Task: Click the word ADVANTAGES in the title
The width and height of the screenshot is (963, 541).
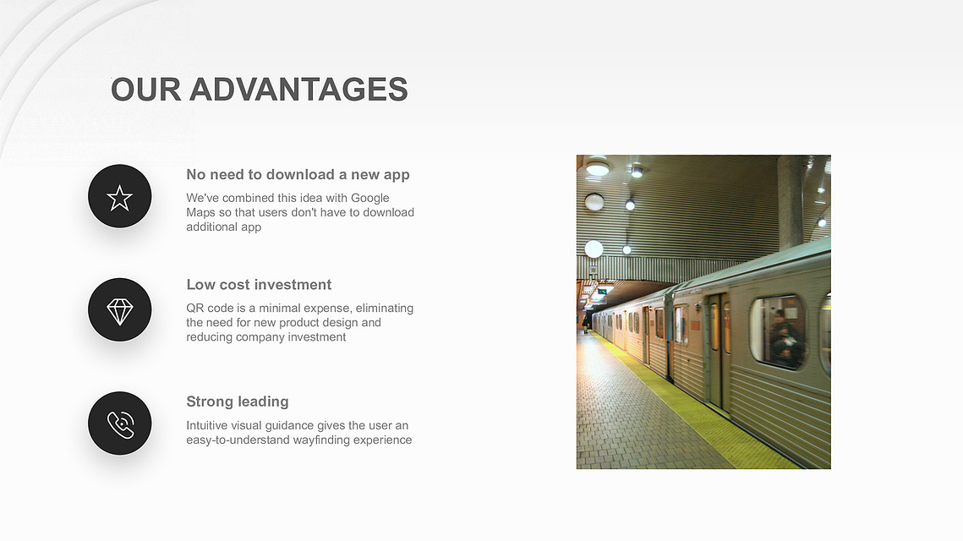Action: tap(298, 90)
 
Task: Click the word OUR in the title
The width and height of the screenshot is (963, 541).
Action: tap(146, 90)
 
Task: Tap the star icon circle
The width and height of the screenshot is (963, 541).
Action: tap(120, 196)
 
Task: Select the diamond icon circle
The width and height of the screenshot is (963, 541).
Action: tap(120, 310)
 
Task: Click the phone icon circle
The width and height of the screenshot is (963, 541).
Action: tap(120, 424)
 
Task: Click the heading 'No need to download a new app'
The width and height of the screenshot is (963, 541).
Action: tap(298, 175)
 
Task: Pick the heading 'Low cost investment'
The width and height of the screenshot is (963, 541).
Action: tap(259, 285)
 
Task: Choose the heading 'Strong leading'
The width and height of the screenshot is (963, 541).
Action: tap(237, 402)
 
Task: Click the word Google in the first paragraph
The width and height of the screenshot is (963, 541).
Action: tap(369, 199)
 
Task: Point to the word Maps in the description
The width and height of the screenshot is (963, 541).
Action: tap(201, 213)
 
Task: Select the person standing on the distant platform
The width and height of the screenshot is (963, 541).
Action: tap(585, 323)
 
